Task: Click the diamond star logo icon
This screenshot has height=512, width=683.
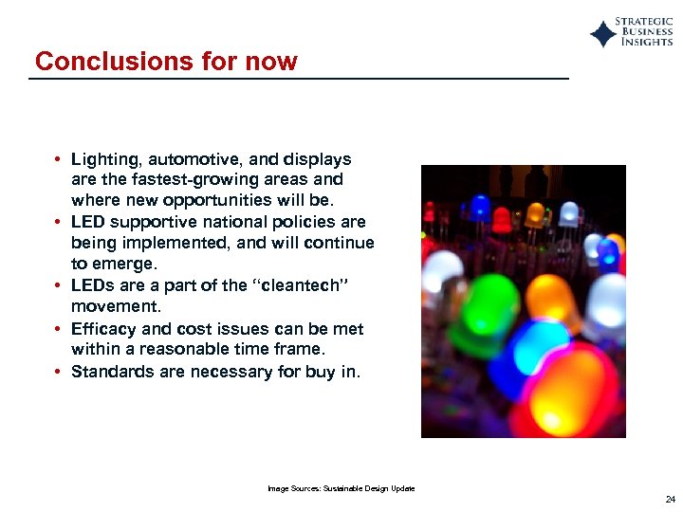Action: tap(603, 35)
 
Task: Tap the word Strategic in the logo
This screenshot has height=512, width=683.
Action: tap(644, 22)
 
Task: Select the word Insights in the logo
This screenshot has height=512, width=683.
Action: tap(646, 43)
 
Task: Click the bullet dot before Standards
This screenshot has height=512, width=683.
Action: tap(59, 372)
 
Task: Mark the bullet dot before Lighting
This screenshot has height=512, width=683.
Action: tap(59, 159)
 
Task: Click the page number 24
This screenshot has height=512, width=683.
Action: tap(670, 499)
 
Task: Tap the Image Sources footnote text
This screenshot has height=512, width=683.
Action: tap(341, 488)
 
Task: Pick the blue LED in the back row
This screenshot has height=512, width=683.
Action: tap(480, 208)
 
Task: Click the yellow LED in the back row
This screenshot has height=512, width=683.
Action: tap(537, 212)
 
